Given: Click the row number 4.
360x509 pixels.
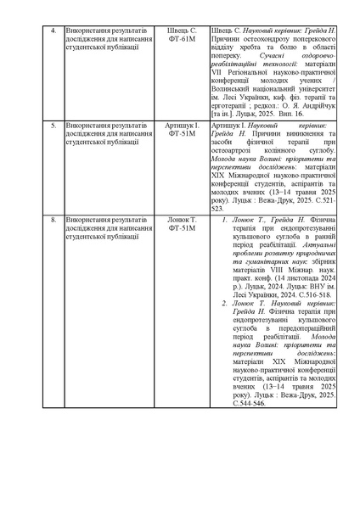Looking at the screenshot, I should [53, 32].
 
